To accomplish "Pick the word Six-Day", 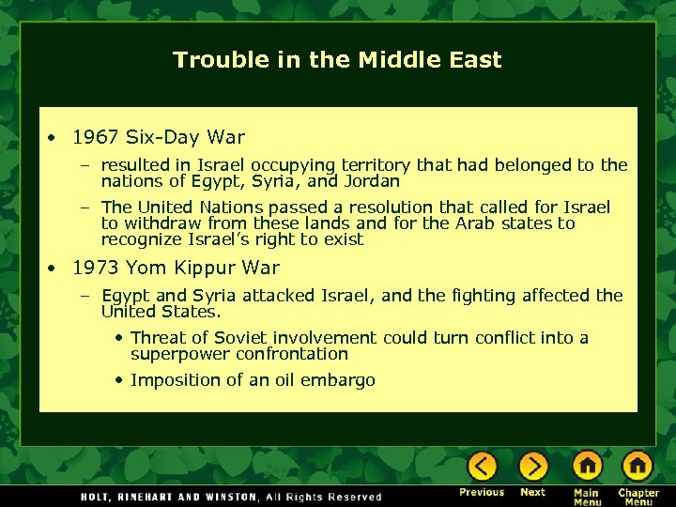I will click(161, 137).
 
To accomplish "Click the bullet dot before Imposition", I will click(119, 380).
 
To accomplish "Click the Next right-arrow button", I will click(532, 466).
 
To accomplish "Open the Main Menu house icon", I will click(587, 466).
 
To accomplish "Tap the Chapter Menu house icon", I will click(638, 466).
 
